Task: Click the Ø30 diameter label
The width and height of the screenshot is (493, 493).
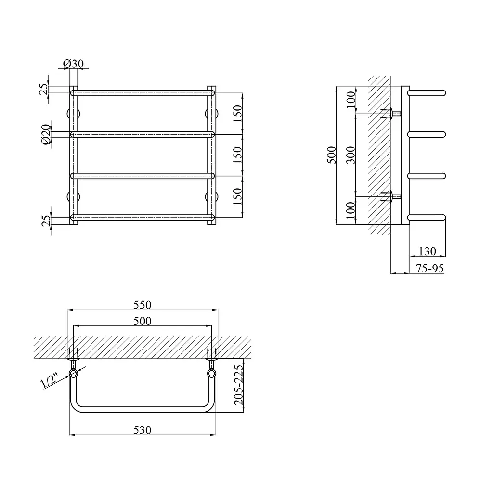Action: click(x=73, y=64)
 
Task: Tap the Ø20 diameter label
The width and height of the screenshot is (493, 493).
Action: click(x=46, y=134)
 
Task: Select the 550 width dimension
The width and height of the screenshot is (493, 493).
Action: click(x=143, y=305)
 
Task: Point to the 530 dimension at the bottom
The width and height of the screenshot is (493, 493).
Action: click(x=143, y=429)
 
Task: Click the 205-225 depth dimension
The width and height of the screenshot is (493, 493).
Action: click(x=239, y=385)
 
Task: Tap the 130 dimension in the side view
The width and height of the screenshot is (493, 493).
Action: click(x=428, y=251)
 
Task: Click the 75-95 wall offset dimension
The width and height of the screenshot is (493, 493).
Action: click(x=430, y=268)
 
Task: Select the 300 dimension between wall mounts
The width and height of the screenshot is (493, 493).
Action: click(x=350, y=155)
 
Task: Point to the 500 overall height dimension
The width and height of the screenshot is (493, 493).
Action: click(x=331, y=155)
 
